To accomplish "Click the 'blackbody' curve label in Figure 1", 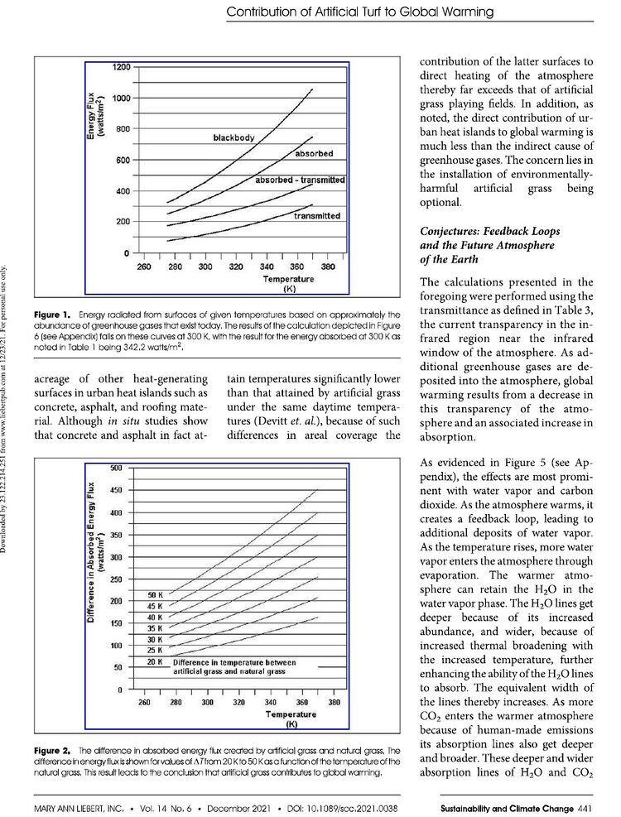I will (233, 137).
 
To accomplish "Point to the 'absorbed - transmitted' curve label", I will (299, 180).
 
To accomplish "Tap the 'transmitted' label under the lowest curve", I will (316, 216).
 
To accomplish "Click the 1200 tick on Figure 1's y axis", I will (122, 66).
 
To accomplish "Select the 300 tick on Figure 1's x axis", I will (205, 267).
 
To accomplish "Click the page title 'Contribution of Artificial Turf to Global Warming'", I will (359, 12).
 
